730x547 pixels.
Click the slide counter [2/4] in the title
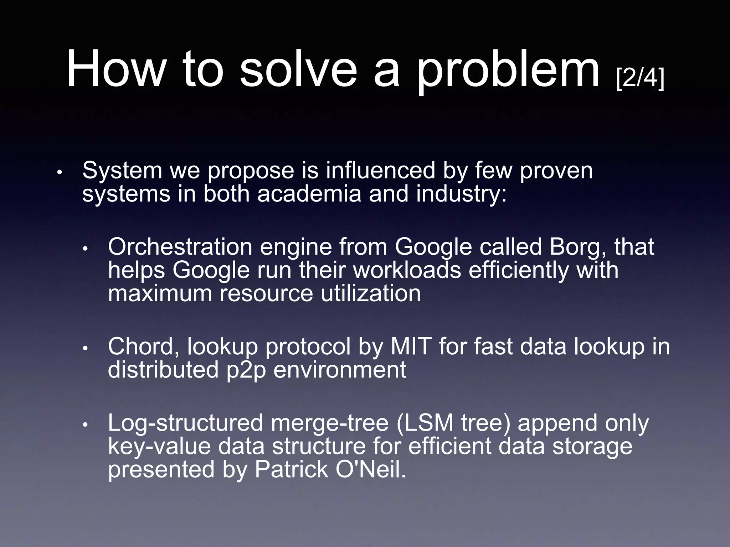[640, 78]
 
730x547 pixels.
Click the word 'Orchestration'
[180, 247]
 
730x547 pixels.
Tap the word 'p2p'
[246, 370]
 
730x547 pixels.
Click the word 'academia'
[309, 194]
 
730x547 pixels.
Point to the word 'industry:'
[461, 194]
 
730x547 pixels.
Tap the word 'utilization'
[370, 293]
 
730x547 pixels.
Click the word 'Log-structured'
[185, 423]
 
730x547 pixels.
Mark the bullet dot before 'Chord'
[85, 348]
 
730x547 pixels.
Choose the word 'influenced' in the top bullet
[380, 170]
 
